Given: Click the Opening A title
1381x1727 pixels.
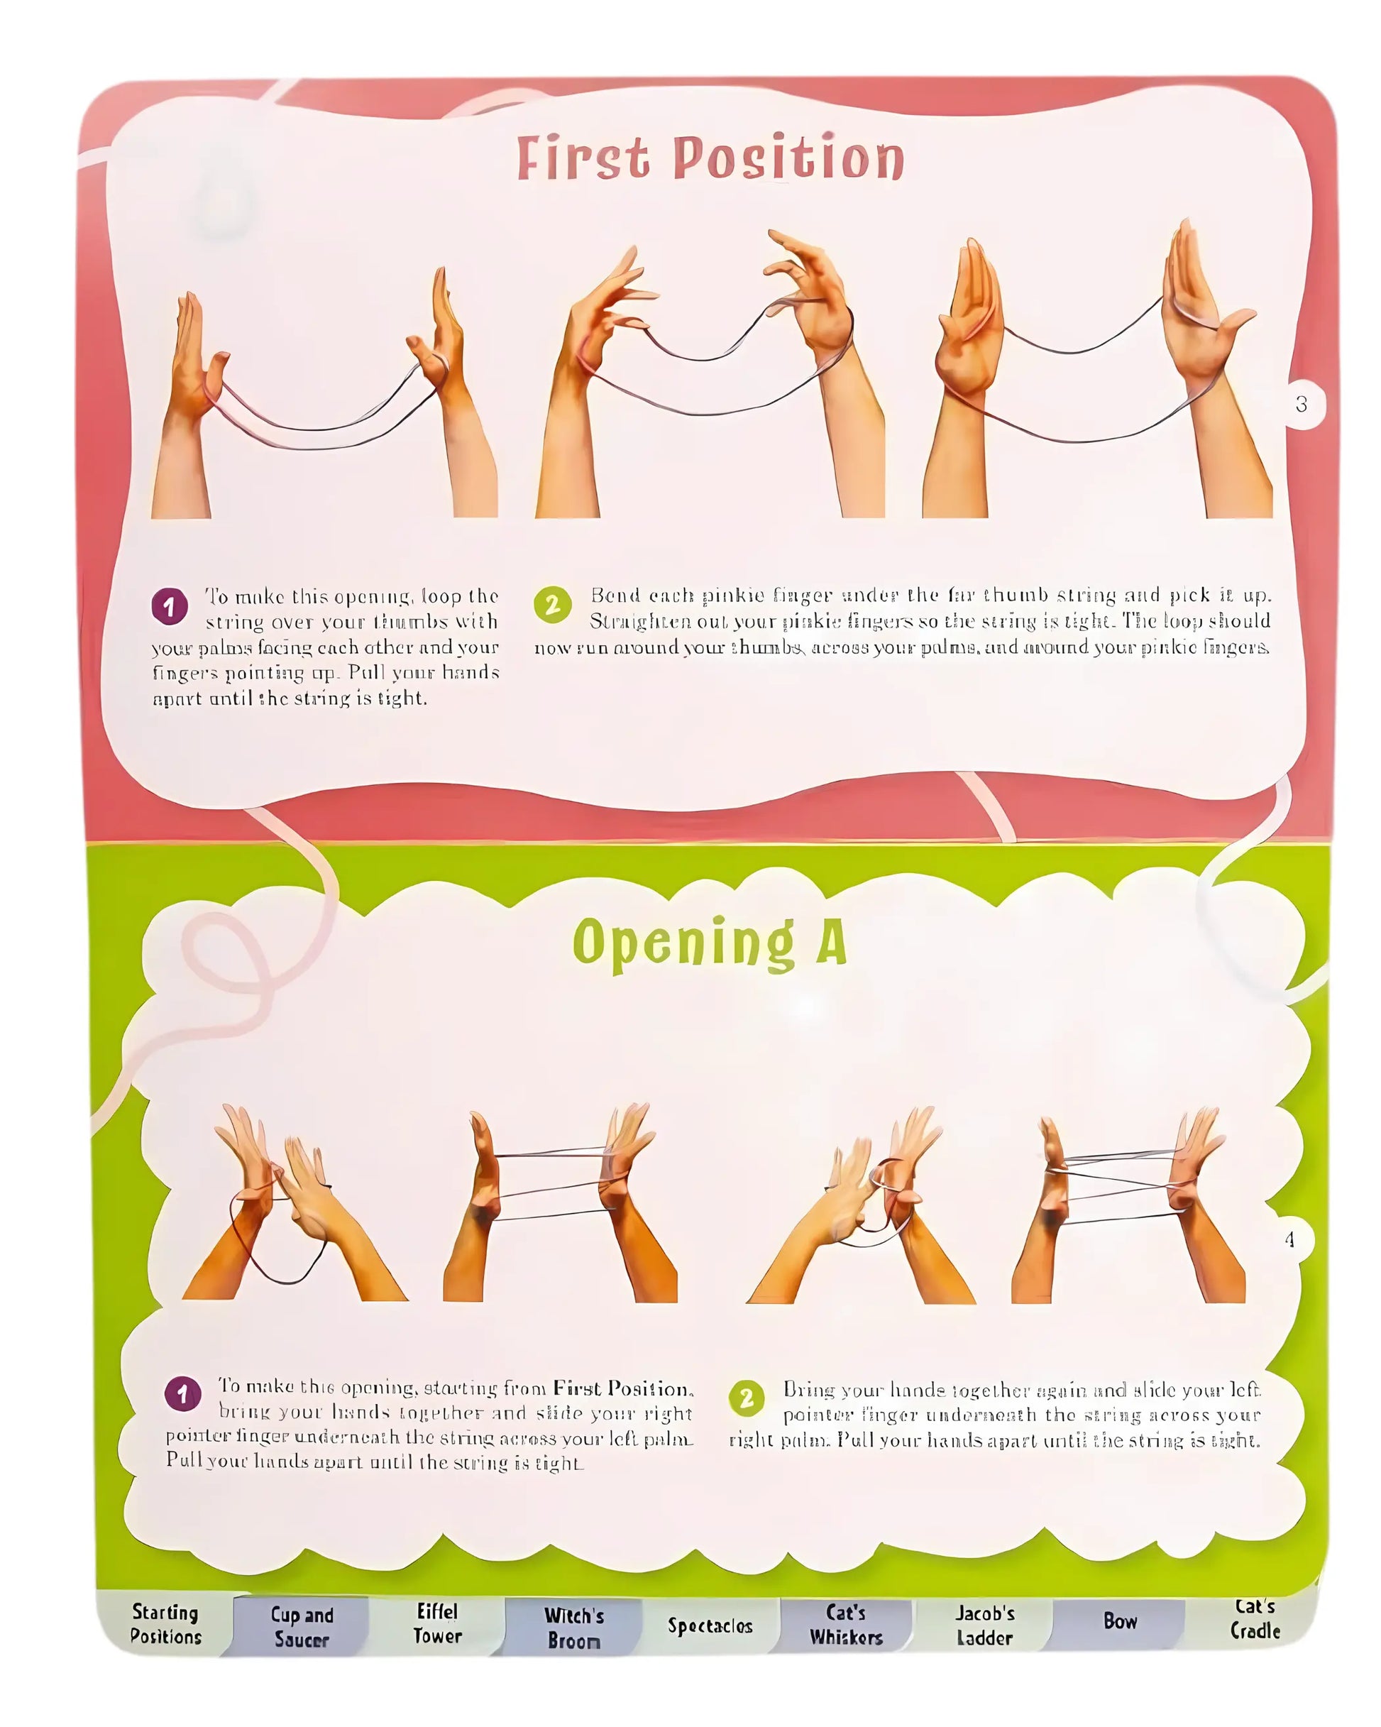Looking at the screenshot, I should tap(710, 942).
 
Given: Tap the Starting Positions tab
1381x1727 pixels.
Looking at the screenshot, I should tap(166, 1623).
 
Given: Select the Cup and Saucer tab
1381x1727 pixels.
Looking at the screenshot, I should tap(302, 1626).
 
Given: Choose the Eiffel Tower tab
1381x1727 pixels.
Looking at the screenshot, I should tap(437, 1623).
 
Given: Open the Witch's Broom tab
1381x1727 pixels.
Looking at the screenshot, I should tap(573, 1627).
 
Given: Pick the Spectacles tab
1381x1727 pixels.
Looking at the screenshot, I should tap(710, 1625).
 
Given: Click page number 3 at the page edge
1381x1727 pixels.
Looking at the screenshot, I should tap(1301, 405).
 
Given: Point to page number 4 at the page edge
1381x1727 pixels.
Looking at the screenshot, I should tap(1289, 1239).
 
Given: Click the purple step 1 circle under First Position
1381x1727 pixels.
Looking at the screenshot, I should tap(169, 606).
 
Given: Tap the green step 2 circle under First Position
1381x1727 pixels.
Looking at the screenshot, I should tap(552, 605).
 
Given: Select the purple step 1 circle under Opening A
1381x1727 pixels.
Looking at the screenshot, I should tap(182, 1394).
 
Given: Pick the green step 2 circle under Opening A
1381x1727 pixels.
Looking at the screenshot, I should tap(746, 1398).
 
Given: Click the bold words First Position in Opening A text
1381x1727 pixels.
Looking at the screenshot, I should tap(622, 1388).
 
